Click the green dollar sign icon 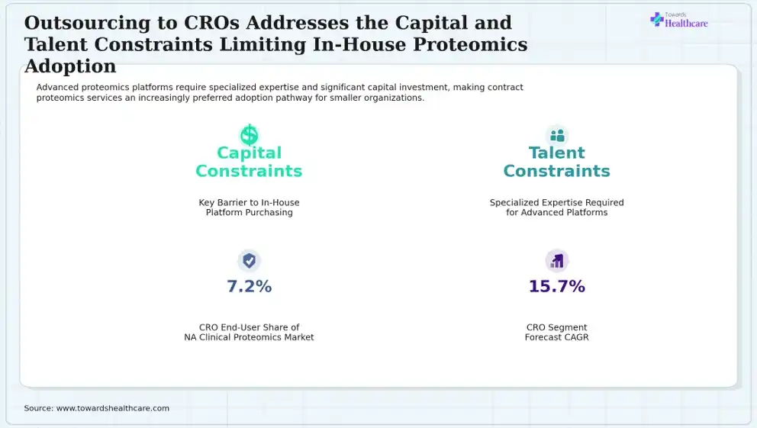pos(249,135)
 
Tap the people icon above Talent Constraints pos(557,136)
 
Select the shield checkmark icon pos(249,261)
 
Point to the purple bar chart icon pos(557,261)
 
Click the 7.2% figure pos(249,286)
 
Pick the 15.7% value pos(557,286)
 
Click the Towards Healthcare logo pos(679,20)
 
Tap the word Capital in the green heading pos(249,153)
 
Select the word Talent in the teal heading pos(556,153)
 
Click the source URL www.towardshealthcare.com pos(113,408)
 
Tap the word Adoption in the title pos(70,66)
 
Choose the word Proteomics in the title pos(470,44)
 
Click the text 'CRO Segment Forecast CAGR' pos(556,333)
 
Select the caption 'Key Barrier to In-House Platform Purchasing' pos(249,208)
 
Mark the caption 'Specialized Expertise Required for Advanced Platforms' pos(556,208)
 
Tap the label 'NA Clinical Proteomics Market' pos(249,337)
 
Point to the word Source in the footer pos(38,408)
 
